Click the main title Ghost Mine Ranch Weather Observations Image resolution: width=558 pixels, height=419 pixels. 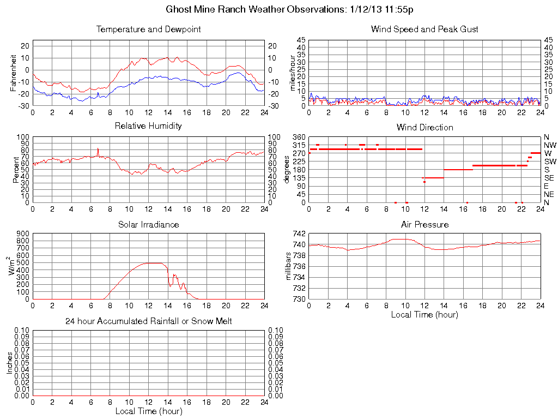[x=289, y=9]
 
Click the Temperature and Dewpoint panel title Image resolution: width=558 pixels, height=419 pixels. [x=148, y=29]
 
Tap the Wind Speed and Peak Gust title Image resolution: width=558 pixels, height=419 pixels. [x=424, y=29]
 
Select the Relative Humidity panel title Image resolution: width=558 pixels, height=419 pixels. [x=148, y=126]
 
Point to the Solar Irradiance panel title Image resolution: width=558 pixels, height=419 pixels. [x=148, y=225]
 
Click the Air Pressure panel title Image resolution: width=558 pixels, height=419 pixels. [x=424, y=225]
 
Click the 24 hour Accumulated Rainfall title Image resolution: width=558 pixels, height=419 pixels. [x=148, y=321]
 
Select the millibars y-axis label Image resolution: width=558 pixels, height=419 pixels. [x=289, y=266]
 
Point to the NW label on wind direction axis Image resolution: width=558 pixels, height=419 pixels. [x=549, y=145]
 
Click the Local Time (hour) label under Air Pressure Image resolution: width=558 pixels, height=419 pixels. [x=424, y=314]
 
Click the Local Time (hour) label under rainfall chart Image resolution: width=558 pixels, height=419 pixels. [x=148, y=411]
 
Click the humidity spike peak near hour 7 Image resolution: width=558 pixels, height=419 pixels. [x=98, y=148]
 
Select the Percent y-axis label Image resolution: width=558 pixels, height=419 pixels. [x=16, y=170]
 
